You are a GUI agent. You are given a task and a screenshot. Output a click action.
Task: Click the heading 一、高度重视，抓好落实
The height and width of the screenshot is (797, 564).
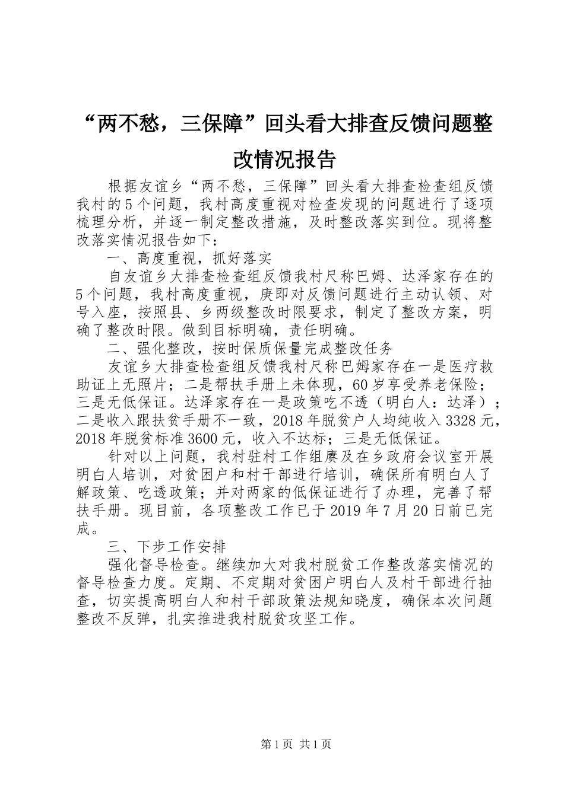(x=189, y=259)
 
